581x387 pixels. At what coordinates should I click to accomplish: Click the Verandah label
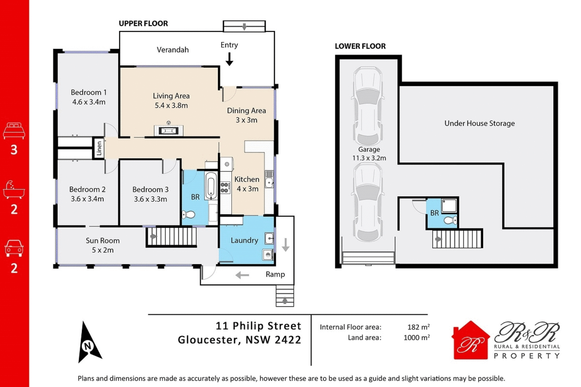tap(173, 50)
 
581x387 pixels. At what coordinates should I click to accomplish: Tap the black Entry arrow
tap(229, 59)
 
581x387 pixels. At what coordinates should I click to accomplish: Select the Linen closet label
tap(99, 148)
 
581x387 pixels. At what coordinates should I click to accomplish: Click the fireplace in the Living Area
tap(168, 130)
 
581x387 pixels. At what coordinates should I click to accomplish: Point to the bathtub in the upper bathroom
tap(211, 186)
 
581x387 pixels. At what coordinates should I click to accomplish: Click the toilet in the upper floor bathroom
tap(189, 215)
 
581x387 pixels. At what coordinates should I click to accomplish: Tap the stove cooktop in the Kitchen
tap(225, 188)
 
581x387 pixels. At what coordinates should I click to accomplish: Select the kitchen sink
tap(269, 179)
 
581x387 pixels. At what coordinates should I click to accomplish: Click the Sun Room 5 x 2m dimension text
tap(103, 250)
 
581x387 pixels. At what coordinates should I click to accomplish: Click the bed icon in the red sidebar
tap(14, 131)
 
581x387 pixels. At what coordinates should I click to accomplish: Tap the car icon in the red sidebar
tap(14, 248)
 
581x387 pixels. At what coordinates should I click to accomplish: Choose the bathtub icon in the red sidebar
tap(14, 190)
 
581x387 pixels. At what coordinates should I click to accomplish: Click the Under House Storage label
tap(480, 123)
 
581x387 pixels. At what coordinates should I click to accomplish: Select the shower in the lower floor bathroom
tap(449, 205)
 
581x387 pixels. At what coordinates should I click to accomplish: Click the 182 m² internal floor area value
tap(418, 327)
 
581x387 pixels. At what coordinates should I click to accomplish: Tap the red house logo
tap(470, 340)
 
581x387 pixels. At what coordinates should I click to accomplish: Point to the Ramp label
tap(275, 274)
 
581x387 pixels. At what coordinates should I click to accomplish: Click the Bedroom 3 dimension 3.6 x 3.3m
tap(150, 199)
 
